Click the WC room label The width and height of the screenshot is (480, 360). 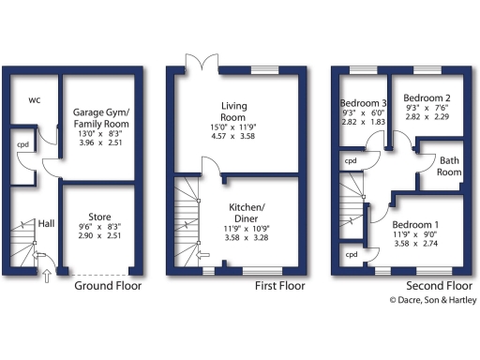click(34, 99)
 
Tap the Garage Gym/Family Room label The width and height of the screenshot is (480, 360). click(100, 117)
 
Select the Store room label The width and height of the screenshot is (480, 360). click(99, 217)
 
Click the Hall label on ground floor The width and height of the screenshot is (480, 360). click(46, 224)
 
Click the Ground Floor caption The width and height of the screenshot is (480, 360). click(108, 285)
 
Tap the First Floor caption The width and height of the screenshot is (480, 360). click(281, 285)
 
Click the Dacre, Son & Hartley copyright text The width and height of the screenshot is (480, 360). click(433, 300)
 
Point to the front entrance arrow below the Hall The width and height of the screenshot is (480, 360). click(46, 274)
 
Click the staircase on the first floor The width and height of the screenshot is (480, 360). click(187, 220)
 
